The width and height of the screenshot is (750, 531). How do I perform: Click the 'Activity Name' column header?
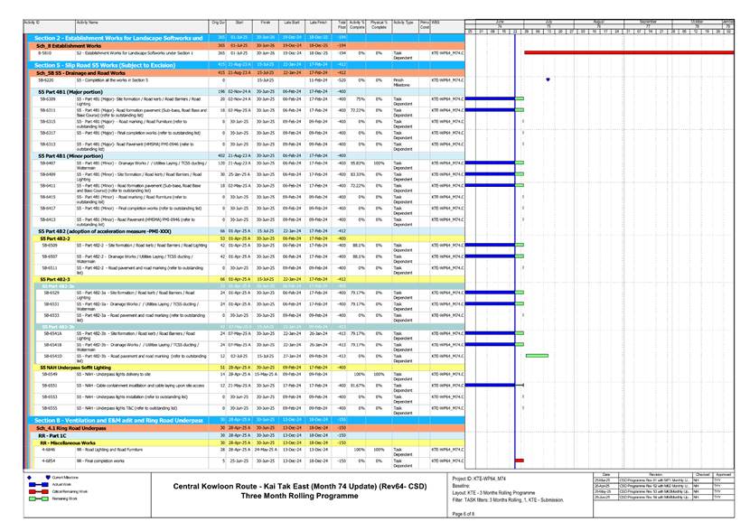[88, 21]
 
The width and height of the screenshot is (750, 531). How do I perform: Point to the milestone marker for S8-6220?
[548, 79]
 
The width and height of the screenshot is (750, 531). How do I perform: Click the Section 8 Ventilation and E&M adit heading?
[118, 421]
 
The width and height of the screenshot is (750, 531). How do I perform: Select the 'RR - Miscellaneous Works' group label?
[68, 443]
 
